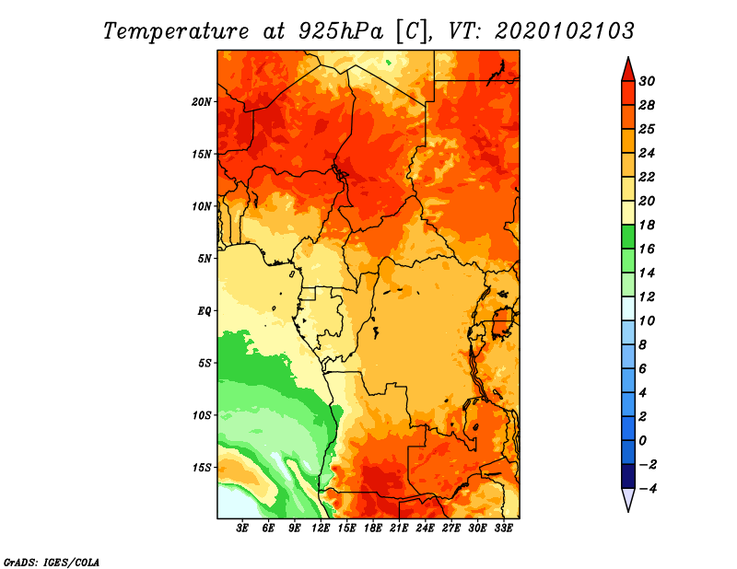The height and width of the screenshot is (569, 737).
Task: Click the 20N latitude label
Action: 201,102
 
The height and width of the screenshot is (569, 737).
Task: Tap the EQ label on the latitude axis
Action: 205,311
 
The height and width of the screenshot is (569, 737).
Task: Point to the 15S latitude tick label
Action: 202,468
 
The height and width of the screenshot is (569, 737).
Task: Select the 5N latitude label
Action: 205,259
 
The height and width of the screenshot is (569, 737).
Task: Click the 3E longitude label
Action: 242,528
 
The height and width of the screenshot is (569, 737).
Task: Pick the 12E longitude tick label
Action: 321,528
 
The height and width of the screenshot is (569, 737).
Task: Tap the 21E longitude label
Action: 399,528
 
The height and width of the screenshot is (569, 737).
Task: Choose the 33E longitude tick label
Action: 503,528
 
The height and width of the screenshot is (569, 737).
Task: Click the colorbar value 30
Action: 647,81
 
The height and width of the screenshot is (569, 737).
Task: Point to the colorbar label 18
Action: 647,225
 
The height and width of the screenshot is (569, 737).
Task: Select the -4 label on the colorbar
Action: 648,489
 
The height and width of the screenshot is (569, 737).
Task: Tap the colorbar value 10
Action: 647,321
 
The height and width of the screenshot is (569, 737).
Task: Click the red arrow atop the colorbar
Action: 628,70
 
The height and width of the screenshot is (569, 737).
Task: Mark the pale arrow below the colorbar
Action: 628,499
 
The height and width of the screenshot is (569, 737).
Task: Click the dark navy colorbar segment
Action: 628,476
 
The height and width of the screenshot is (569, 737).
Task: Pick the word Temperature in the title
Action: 176,31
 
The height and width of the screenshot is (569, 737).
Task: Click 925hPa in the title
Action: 341,31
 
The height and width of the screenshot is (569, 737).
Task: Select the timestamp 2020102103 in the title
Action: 565,31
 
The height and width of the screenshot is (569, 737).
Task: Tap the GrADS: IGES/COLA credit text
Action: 52,562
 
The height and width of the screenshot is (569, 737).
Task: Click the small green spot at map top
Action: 389,62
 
